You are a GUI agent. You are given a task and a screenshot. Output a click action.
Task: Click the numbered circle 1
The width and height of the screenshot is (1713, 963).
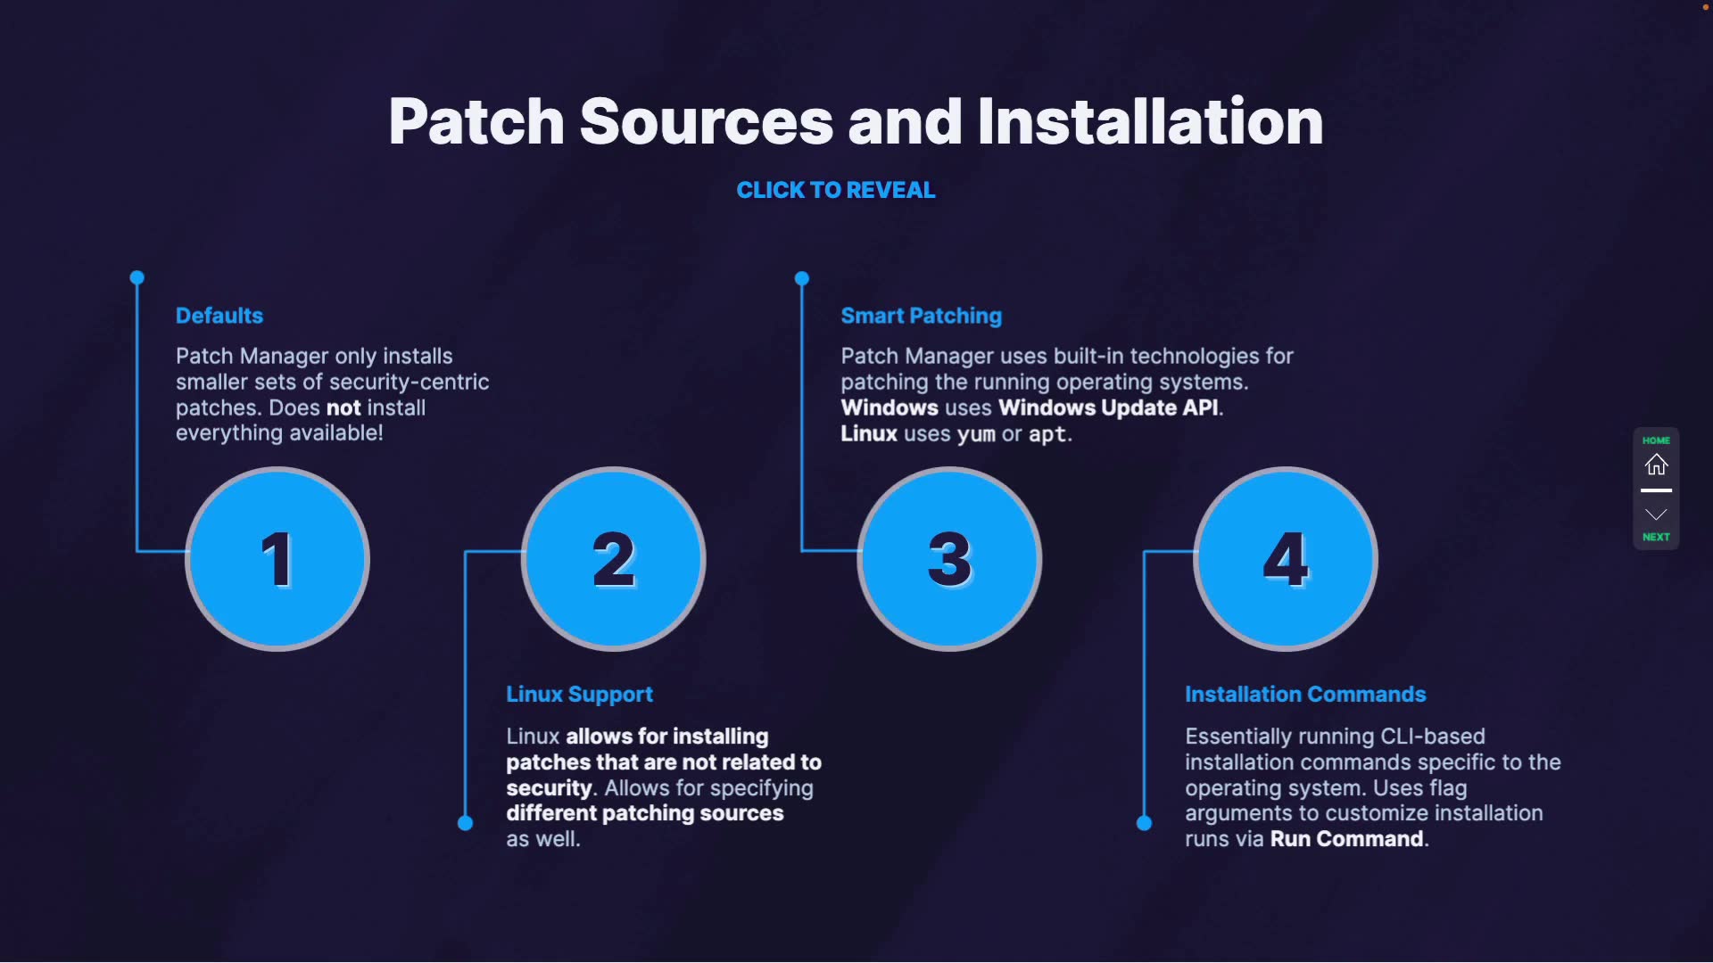click(x=277, y=559)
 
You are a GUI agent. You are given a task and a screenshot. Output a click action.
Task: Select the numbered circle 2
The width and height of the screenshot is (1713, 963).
click(x=614, y=559)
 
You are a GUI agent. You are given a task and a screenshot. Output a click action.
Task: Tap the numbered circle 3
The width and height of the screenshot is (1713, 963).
click(x=949, y=559)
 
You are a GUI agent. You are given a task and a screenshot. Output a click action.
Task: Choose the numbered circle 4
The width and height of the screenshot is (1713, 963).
click(x=1286, y=559)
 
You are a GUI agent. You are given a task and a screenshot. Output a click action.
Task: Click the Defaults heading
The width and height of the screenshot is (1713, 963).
click(x=219, y=316)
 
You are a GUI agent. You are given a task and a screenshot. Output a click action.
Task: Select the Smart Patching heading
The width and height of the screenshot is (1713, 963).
click(x=921, y=316)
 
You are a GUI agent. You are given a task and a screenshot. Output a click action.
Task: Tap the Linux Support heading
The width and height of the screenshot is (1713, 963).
click(x=579, y=694)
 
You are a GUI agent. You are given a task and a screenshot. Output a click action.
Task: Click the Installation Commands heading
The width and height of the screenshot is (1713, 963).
click(x=1305, y=694)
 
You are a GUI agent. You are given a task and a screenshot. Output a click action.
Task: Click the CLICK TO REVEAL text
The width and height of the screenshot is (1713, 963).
click(x=835, y=190)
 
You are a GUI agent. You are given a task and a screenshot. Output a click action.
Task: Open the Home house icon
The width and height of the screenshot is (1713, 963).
click(x=1656, y=465)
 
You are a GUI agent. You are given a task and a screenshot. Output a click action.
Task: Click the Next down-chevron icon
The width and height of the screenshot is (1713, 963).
click(x=1656, y=514)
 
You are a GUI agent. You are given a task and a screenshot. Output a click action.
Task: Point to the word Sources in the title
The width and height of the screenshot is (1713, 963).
click(x=706, y=121)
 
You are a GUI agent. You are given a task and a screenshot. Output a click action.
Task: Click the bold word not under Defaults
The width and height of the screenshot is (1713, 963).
click(x=343, y=407)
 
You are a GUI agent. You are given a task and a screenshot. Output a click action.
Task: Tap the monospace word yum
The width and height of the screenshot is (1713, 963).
click(x=976, y=434)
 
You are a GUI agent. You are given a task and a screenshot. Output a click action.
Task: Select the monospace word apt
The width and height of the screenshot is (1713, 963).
click(x=1047, y=434)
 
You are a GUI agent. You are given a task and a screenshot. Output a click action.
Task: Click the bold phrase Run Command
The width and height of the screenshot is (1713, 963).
click(x=1346, y=839)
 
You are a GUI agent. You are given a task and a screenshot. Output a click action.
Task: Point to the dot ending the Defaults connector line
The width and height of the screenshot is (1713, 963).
click(x=137, y=278)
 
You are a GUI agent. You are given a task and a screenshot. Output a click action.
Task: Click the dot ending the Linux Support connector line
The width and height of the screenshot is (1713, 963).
click(x=465, y=823)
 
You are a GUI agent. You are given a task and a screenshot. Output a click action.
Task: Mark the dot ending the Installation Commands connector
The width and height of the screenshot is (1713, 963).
click(x=1144, y=823)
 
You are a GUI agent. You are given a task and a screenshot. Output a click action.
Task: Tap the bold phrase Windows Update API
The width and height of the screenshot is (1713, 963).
click(x=1108, y=407)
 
